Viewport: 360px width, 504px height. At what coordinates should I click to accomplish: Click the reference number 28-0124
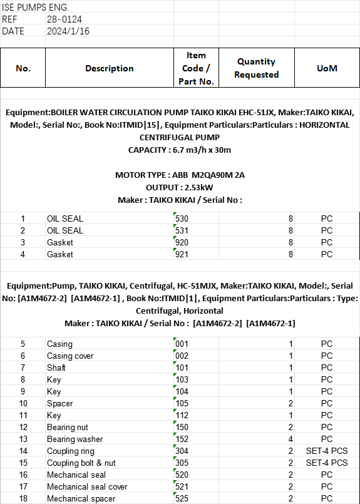[63, 19]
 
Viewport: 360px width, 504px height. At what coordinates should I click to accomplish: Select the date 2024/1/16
[68, 31]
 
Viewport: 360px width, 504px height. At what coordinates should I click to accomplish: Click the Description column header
[110, 68]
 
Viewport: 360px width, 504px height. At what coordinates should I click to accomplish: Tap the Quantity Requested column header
[257, 68]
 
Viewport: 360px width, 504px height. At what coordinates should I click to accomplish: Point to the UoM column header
[327, 68]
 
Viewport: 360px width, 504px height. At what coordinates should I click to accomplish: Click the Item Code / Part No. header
[196, 68]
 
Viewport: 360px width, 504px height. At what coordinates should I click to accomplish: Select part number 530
[182, 219]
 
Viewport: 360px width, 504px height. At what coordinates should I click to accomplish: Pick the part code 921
[182, 254]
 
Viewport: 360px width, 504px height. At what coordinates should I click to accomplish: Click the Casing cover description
[70, 356]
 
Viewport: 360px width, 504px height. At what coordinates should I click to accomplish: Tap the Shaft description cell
[56, 368]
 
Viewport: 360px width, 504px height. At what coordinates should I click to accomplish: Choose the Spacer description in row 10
[60, 403]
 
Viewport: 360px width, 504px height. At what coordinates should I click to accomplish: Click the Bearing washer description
[75, 439]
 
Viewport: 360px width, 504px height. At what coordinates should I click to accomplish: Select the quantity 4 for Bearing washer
[291, 439]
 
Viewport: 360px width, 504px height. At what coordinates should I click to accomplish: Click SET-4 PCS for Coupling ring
[326, 451]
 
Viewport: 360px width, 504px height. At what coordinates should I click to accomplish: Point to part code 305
[182, 463]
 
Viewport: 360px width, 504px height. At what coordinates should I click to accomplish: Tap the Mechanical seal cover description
[87, 486]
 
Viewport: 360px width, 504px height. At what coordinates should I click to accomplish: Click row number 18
[23, 498]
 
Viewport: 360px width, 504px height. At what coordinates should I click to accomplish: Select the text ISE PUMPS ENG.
[36, 8]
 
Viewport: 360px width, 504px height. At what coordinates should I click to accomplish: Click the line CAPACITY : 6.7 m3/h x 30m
[180, 150]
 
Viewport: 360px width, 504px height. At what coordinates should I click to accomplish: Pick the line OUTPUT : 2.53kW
[180, 187]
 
